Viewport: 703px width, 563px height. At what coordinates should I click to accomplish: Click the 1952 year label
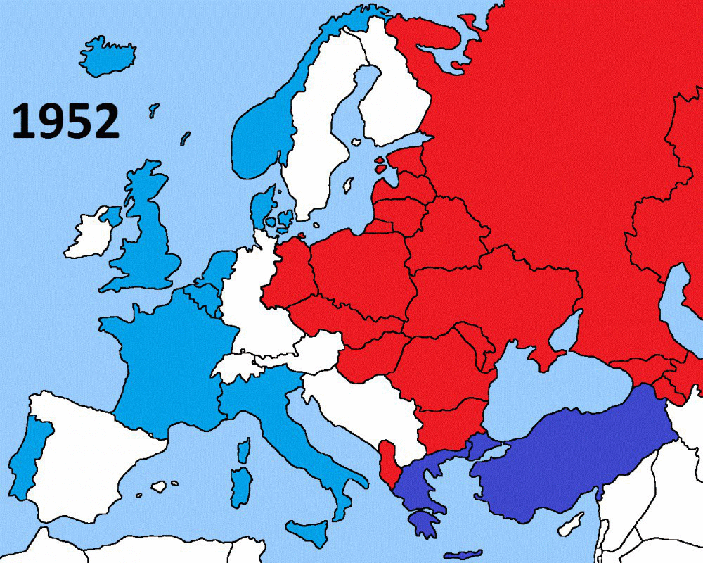coord(65,121)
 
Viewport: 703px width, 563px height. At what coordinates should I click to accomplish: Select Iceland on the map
coord(107,56)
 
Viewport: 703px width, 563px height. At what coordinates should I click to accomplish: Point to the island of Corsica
coord(244,450)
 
